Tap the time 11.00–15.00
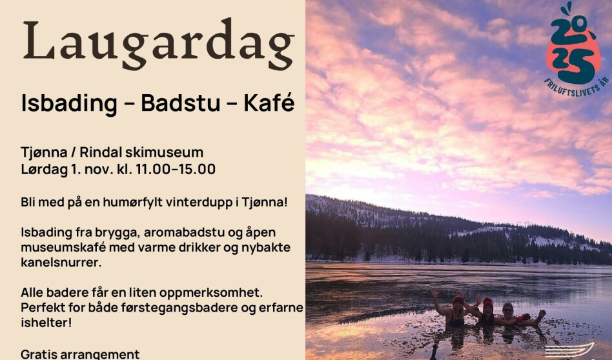[x=176, y=170]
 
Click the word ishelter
[x=46, y=322]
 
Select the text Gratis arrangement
[x=80, y=354]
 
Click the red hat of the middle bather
[x=487, y=301]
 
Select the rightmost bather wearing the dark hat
[x=510, y=314]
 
